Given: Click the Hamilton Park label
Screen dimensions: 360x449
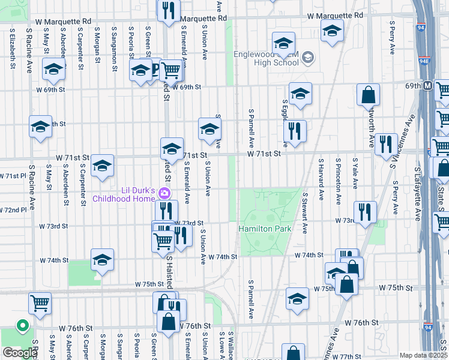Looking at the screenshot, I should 265,229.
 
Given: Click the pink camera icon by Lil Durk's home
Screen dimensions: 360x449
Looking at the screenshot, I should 163,193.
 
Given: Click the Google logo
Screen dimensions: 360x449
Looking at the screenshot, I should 20,353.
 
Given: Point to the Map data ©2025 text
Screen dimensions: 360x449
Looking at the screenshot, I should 424,355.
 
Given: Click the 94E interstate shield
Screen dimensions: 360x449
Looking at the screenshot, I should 424,62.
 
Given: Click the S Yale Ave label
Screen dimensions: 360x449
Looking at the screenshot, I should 355,173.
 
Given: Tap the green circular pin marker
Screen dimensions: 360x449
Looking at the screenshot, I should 23,326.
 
